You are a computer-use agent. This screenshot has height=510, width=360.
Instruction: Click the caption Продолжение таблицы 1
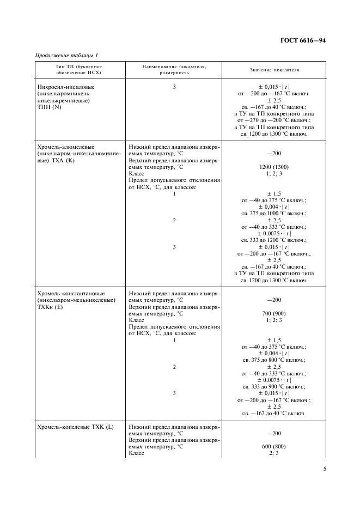click(66, 54)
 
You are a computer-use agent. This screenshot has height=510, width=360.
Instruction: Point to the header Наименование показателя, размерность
click(174, 69)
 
